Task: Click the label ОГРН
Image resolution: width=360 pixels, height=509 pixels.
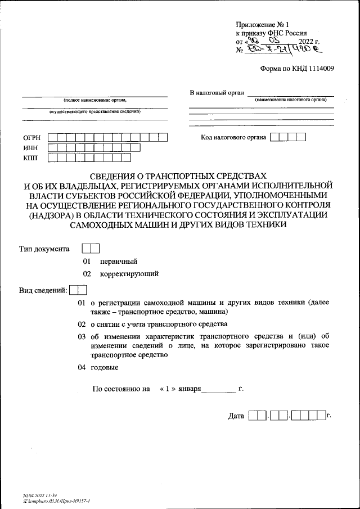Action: tap(31, 137)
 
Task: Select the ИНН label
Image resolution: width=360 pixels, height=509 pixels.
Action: tap(30, 148)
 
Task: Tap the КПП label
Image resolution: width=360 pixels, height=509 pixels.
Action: tap(30, 159)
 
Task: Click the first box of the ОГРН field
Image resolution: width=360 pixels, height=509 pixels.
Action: tap(52, 137)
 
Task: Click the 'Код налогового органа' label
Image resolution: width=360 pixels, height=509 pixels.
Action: tap(233, 137)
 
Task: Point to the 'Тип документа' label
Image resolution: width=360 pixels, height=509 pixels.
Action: tap(44, 248)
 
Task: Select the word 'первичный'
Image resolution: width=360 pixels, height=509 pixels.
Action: tap(119, 261)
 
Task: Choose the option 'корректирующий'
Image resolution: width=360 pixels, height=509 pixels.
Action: tap(129, 274)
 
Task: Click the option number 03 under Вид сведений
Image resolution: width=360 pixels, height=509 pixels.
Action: tap(82, 336)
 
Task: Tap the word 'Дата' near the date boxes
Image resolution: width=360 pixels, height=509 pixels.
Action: tap(236, 416)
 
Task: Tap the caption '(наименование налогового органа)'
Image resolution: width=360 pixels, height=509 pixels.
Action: tap(290, 100)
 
